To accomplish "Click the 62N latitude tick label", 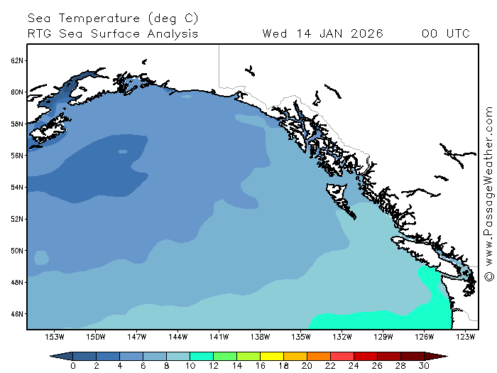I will [x=17, y=60].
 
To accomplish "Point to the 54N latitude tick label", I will [x=17, y=187].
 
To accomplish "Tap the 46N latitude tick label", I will [x=17, y=313].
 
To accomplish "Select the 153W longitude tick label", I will [x=55, y=336].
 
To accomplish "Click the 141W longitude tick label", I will [x=219, y=336].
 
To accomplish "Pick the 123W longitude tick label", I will [x=465, y=336].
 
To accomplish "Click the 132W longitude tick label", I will [x=342, y=336].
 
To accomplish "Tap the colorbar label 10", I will [x=190, y=366].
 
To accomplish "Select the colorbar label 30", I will [x=424, y=366].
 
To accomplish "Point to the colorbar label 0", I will [x=73, y=366].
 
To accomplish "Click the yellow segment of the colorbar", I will [x=271, y=356].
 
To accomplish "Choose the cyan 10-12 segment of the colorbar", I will [x=201, y=356].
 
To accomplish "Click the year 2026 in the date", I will [x=364, y=33].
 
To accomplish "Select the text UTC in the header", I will [x=454, y=33].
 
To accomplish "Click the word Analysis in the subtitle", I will [x=172, y=33].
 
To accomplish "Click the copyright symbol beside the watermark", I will [x=488, y=276].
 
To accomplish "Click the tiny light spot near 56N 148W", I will [x=123, y=151].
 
